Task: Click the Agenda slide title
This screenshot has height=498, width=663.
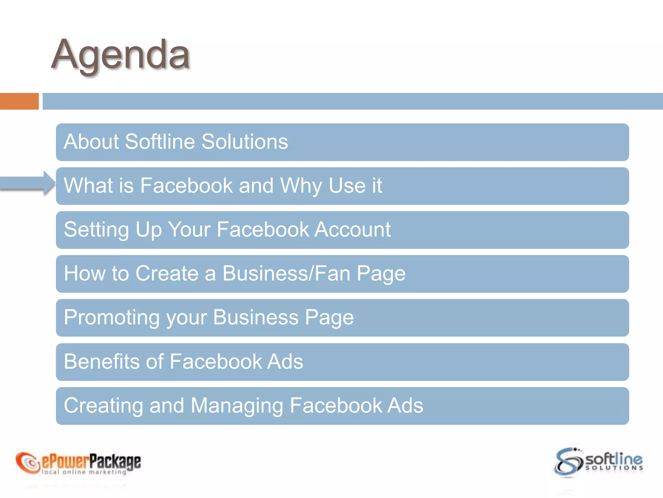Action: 120,55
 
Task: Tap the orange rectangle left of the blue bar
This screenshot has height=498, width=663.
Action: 19,101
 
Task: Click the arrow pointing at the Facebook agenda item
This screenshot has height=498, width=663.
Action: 28,183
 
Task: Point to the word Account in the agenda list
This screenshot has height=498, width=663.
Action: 353,230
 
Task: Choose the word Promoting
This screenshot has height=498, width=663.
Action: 111,317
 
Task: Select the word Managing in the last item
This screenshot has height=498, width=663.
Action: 237,406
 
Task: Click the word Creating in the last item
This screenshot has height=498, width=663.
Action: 103,405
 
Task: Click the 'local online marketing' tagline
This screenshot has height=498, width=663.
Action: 84,472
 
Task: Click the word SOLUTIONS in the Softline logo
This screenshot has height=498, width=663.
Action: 614,468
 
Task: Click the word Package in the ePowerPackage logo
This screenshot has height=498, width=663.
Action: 115,461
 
